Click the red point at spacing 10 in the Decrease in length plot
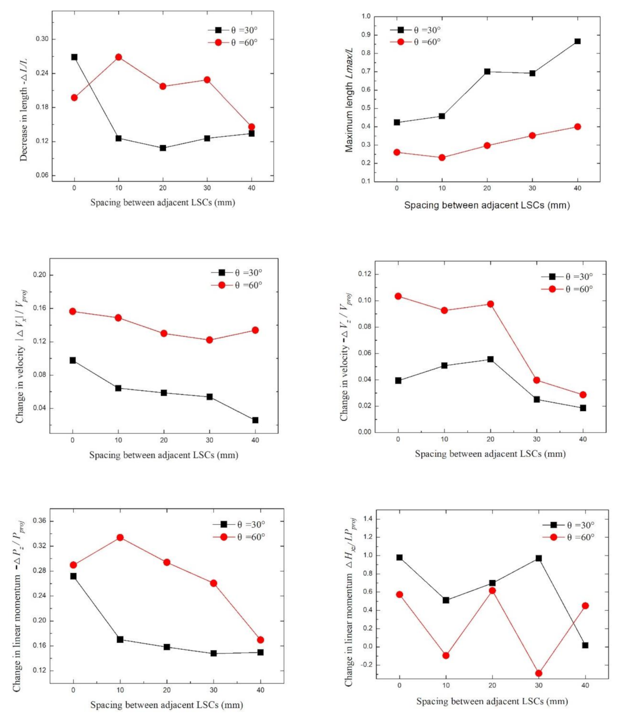coord(118,57)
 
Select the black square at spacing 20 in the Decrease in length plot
coord(163,148)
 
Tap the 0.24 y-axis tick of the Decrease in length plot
coord(42,73)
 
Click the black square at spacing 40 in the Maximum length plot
coord(577,41)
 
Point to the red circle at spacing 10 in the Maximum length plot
coord(442,158)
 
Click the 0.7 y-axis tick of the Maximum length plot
coord(366,71)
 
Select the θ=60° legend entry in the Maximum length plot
coord(416,42)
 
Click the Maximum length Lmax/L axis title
coord(349,100)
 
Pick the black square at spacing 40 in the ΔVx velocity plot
coord(255,420)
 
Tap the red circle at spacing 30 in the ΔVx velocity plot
coord(209,340)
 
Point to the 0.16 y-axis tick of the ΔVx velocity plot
coord(40,308)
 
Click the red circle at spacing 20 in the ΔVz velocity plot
coord(490,304)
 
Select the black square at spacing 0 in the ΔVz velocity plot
coord(398,380)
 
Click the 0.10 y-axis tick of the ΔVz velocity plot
coord(364,300)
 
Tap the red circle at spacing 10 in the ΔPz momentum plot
coord(120,538)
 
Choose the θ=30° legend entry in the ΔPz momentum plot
coord(239,524)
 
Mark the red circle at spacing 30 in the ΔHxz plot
coord(538,673)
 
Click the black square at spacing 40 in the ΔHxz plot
coord(585,645)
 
